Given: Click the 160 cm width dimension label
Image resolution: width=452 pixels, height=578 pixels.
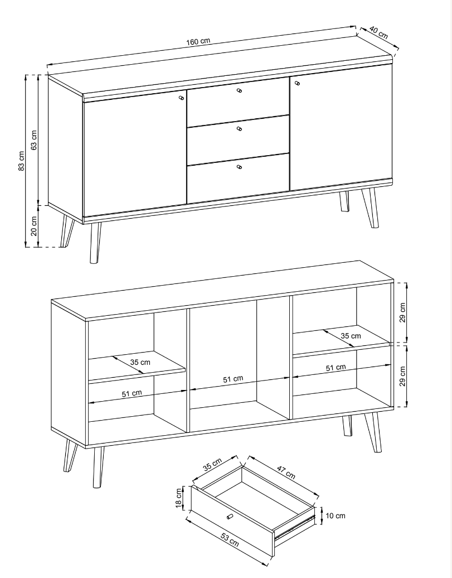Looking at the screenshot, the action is click(198, 41).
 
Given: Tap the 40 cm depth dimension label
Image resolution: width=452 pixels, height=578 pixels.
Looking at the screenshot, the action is click(378, 32).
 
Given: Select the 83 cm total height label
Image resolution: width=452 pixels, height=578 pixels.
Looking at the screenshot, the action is click(21, 161).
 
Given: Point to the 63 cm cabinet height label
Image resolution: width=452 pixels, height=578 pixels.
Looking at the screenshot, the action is click(34, 139).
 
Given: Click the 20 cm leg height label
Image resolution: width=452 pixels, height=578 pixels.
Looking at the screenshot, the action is click(34, 226).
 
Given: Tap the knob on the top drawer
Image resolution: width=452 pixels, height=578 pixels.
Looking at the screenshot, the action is click(239, 90).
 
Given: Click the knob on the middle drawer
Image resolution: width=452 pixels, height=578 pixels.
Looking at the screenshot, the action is click(239, 129).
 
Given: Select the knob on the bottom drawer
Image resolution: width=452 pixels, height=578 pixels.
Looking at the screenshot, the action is click(239, 167).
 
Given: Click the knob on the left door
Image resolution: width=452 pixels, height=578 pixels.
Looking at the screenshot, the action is click(181, 98).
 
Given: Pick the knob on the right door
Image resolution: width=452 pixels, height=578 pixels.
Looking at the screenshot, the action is click(297, 83).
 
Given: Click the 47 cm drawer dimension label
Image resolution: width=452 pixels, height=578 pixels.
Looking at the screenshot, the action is click(286, 473).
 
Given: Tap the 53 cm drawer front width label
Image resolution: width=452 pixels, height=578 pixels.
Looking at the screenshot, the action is click(230, 540).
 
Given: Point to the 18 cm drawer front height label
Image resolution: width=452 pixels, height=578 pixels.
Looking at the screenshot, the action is click(179, 498).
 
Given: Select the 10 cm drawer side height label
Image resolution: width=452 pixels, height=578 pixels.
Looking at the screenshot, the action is click(336, 516).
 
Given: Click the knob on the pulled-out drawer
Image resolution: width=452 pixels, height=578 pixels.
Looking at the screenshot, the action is click(230, 517).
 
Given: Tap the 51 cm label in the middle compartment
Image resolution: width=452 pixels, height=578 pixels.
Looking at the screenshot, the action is click(233, 379).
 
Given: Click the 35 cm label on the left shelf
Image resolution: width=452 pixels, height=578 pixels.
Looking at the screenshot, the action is click(140, 362).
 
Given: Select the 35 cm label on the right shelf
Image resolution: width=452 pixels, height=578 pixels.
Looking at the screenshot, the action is click(351, 336).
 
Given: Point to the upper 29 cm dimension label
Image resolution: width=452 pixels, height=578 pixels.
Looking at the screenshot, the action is click(402, 312).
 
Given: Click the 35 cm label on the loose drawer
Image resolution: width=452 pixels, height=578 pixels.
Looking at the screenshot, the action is click(212, 464).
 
